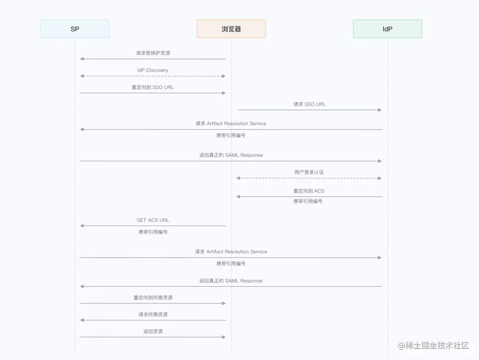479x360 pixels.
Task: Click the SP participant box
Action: pos(75,29)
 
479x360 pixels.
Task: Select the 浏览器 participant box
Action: pos(231,29)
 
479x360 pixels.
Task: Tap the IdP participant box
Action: pos(387,29)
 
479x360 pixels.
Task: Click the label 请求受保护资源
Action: pos(153,53)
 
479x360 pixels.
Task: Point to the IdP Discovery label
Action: pos(153,70)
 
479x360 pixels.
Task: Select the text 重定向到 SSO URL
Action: pos(153,87)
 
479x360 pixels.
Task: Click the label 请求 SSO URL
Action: pos(310,104)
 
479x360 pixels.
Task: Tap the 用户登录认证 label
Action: pos(309,172)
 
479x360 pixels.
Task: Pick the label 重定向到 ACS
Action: pos(309,191)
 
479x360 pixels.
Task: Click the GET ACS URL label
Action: pos(153,220)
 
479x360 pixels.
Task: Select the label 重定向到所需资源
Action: pos(153,298)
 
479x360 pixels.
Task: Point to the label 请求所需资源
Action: pos(153,315)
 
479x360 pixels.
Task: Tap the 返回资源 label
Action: pos(153,332)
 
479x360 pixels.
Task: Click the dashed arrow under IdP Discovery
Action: pos(153,76)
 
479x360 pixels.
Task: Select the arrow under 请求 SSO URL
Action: pos(310,110)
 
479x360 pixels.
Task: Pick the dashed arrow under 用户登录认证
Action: pos(309,178)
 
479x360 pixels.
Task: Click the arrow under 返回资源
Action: pos(153,337)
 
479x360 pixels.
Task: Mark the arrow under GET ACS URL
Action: pos(153,226)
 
